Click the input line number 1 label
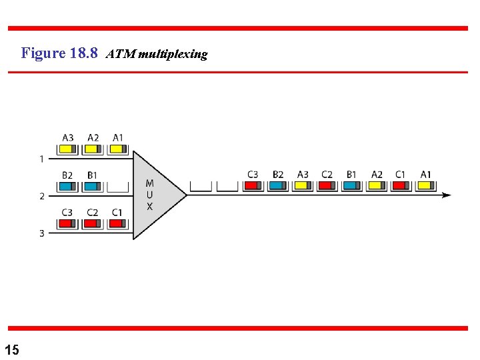(x=41, y=159)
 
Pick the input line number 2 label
(x=41, y=196)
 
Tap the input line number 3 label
(x=41, y=233)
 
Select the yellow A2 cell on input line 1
(x=93, y=149)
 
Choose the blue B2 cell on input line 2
(x=67, y=186)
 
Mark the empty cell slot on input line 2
(x=117, y=186)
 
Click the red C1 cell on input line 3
(x=117, y=223)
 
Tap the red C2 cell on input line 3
(x=92, y=223)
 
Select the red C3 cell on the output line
(x=253, y=185)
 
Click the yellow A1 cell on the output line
(x=425, y=185)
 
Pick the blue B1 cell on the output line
(x=351, y=185)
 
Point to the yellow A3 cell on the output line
(x=303, y=185)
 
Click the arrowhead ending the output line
(x=446, y=195)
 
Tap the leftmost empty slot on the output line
(x=200, y=185)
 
